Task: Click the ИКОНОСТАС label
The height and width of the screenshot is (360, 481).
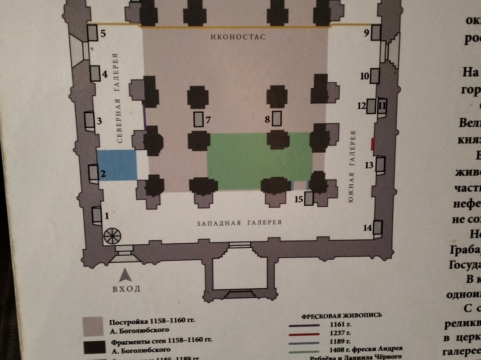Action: pyautogui.click(x=238, y=37)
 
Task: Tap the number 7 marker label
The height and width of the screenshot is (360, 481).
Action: pyautogui.click(x=208, y=119)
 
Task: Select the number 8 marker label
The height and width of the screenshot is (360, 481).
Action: pyautogui.click(x=267, y=119)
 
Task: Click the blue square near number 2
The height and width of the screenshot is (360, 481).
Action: pyautogui.click(x=117, y=165)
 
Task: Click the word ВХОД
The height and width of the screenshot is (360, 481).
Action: pyautogui.click(x=126, y=289)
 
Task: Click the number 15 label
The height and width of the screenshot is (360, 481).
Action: pyautogui.click(x=298, y=199)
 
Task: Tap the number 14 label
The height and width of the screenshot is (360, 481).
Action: pyautogui.click(x=367, y=228)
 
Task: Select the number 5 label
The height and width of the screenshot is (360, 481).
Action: pyautogui.click(x=102, y=33)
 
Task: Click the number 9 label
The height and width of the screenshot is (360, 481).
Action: pyautogui.click(x=367, y=33)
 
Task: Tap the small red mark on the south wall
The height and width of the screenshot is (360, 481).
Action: pyautogui.click(x=372, y=144)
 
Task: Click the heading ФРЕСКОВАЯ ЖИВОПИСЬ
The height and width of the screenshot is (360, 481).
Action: pyautogui.click(x=342, y=315)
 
